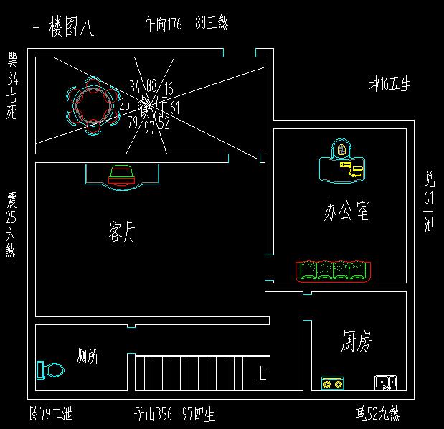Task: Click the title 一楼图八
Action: point(64,29)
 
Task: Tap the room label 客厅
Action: point(122,232)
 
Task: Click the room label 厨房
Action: point(356,342)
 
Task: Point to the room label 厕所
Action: point(87,355)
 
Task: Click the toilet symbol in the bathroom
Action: point(49,370)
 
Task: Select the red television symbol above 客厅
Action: point(121,174)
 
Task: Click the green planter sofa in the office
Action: point(334,270)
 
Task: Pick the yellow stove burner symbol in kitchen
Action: point(332,384)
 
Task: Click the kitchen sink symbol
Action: point(385,382)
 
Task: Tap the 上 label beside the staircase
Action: point(262,373)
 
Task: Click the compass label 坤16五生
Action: point(389,85)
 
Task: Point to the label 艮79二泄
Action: point(49,414)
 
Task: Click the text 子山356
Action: point(155,414)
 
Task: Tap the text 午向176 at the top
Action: point(163,24)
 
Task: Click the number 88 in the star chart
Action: point(151,87)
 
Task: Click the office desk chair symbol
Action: point(342,150)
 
